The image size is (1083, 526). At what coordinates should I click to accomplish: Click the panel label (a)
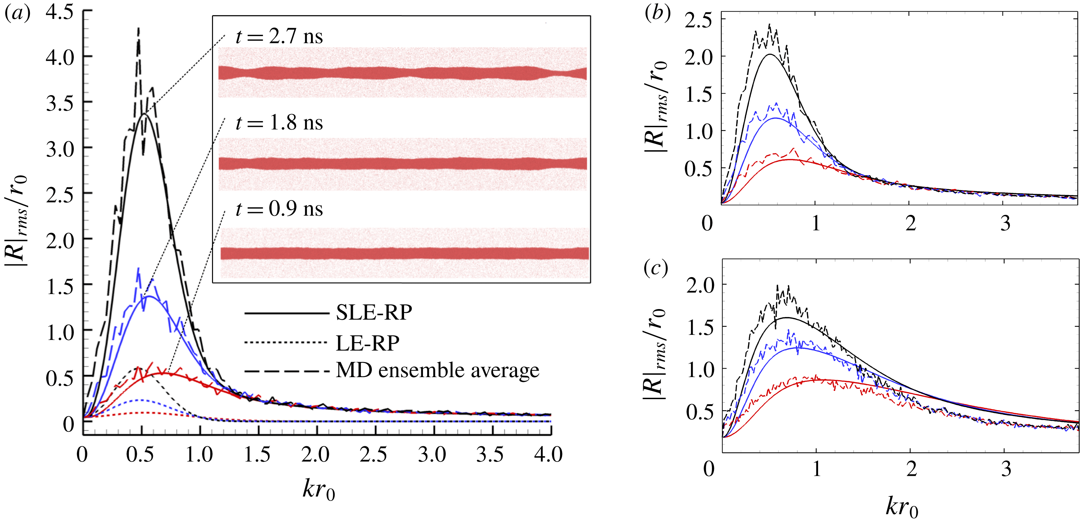[17, 13]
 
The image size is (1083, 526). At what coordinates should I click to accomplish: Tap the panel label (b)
[657, 13]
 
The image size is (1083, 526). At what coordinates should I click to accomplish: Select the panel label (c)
[656, 269]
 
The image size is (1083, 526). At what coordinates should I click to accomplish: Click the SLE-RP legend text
[374, 313]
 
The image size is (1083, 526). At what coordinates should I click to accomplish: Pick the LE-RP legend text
[367, 343]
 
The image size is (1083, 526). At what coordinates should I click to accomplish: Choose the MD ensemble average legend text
[437, 371]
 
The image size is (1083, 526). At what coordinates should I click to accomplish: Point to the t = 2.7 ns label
[279, 36]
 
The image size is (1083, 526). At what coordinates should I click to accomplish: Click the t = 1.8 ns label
[279, 123]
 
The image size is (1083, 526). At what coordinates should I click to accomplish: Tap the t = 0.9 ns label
[279, 209]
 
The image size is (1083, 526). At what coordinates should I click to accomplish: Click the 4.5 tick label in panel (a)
[59, 13]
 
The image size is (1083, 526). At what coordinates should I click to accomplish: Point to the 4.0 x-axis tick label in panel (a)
[548, 455]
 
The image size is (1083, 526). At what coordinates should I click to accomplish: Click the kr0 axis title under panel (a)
[319, 490]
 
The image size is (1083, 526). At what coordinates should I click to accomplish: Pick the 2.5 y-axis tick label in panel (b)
[698, 20]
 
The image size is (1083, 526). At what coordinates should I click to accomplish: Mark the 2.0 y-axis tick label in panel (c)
[700, 286]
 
